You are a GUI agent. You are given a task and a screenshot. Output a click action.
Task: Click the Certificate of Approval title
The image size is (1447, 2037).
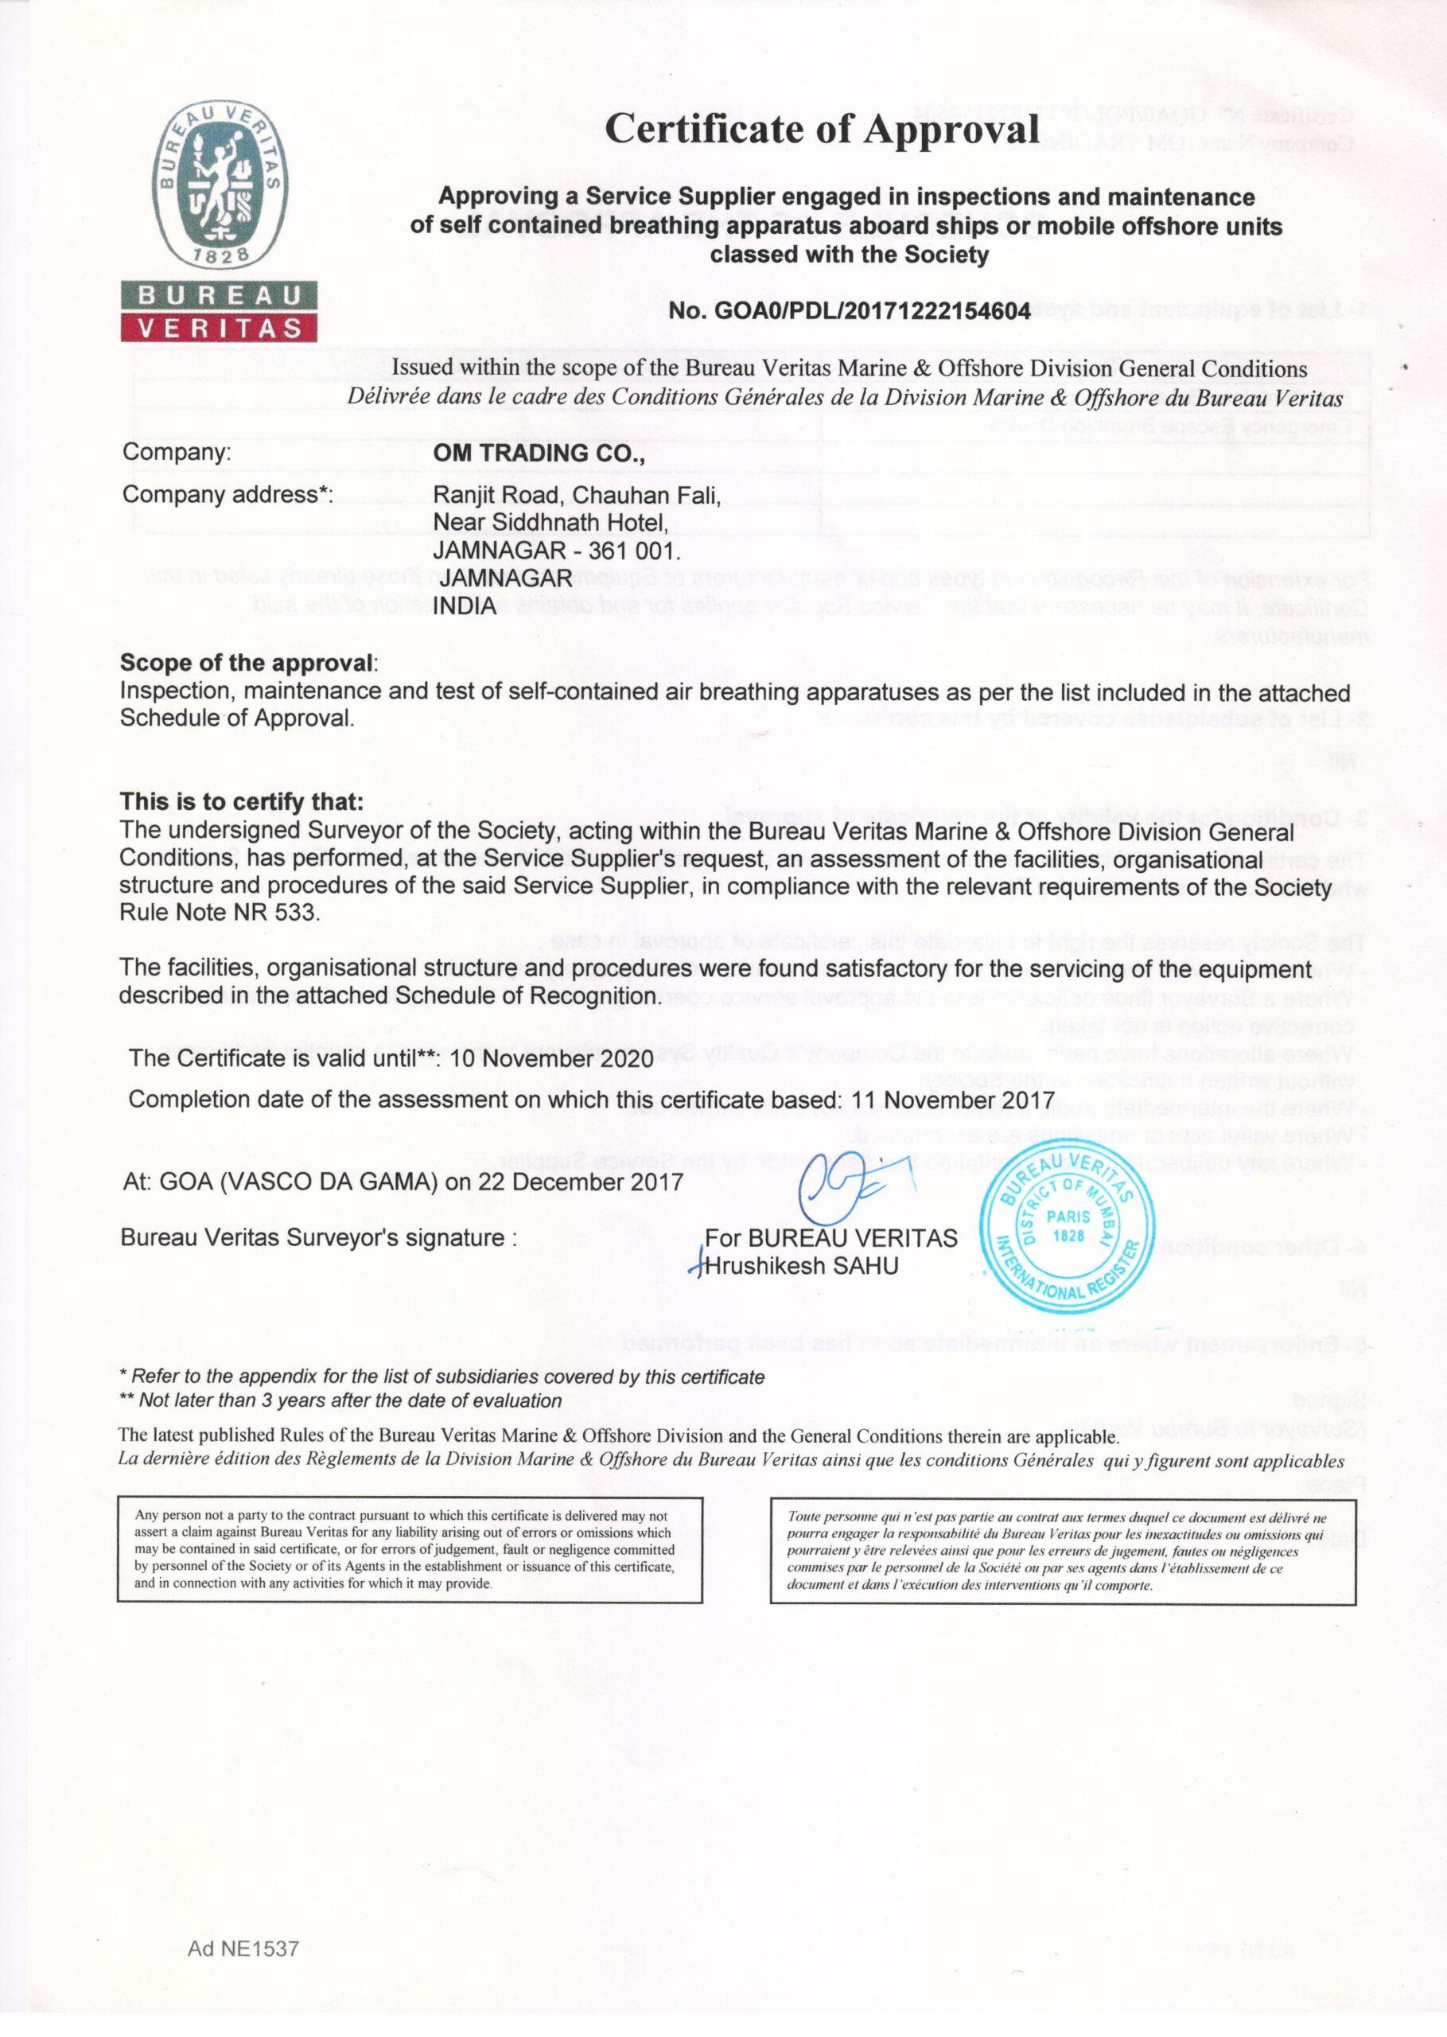[x=822, y=130]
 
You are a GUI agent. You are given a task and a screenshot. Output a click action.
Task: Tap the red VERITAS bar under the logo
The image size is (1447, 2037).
[x=218, y=328]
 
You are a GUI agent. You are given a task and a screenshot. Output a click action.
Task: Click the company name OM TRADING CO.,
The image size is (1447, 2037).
[x=537, y=453]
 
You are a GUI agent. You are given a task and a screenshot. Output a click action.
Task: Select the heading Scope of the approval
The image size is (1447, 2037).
[x=247, y=664]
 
